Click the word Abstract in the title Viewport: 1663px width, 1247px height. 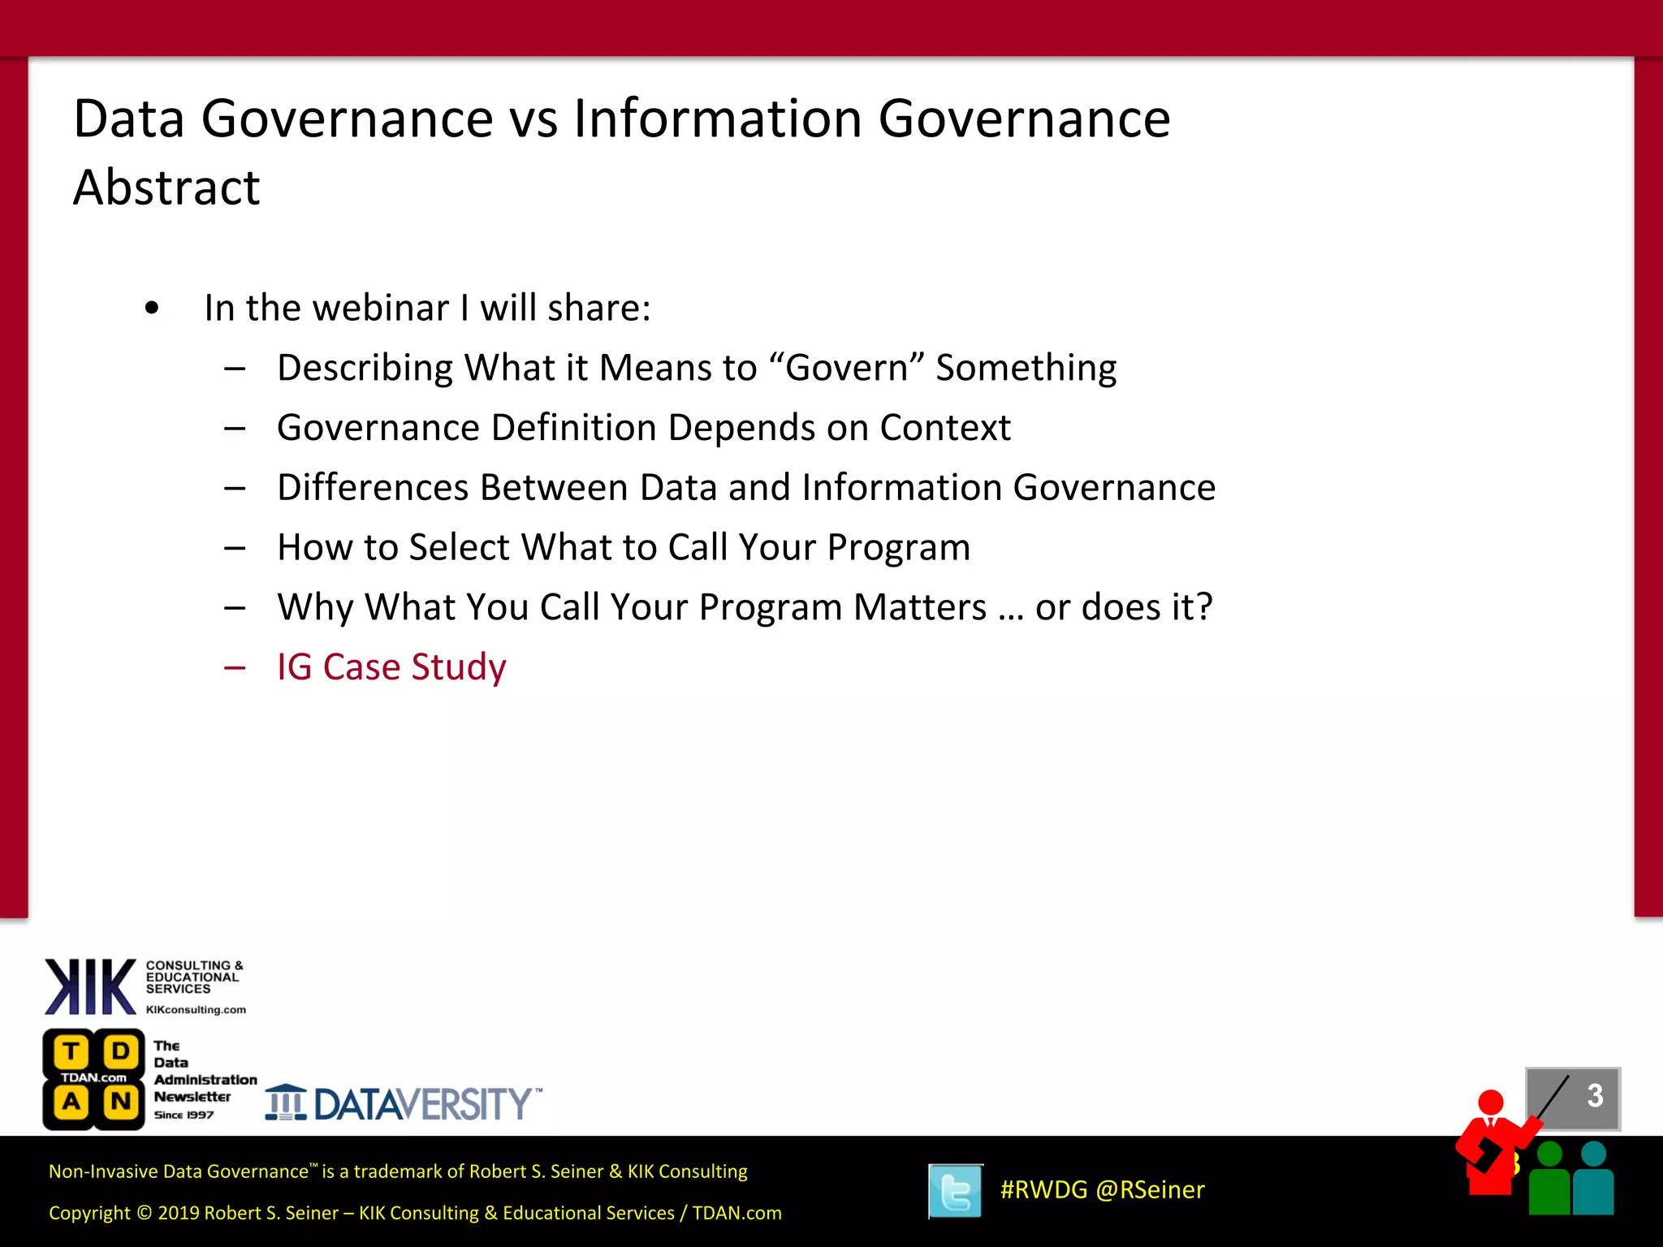166,188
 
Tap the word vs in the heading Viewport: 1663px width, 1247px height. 533,119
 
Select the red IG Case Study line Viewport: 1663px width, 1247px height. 391,667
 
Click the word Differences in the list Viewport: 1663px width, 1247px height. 372,488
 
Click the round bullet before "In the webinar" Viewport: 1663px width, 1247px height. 152,309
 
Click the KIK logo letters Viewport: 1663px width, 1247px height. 90,987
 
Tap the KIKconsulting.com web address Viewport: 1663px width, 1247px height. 196,1010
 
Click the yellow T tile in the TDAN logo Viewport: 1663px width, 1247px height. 71,1052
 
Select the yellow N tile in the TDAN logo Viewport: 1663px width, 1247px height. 121,1102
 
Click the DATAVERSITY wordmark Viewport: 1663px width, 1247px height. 422,1105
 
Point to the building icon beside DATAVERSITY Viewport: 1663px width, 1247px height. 285,1102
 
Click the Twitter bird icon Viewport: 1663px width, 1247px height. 955,1191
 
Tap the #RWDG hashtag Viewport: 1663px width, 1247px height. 1043,1190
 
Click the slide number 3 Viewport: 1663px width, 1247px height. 1595,1096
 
